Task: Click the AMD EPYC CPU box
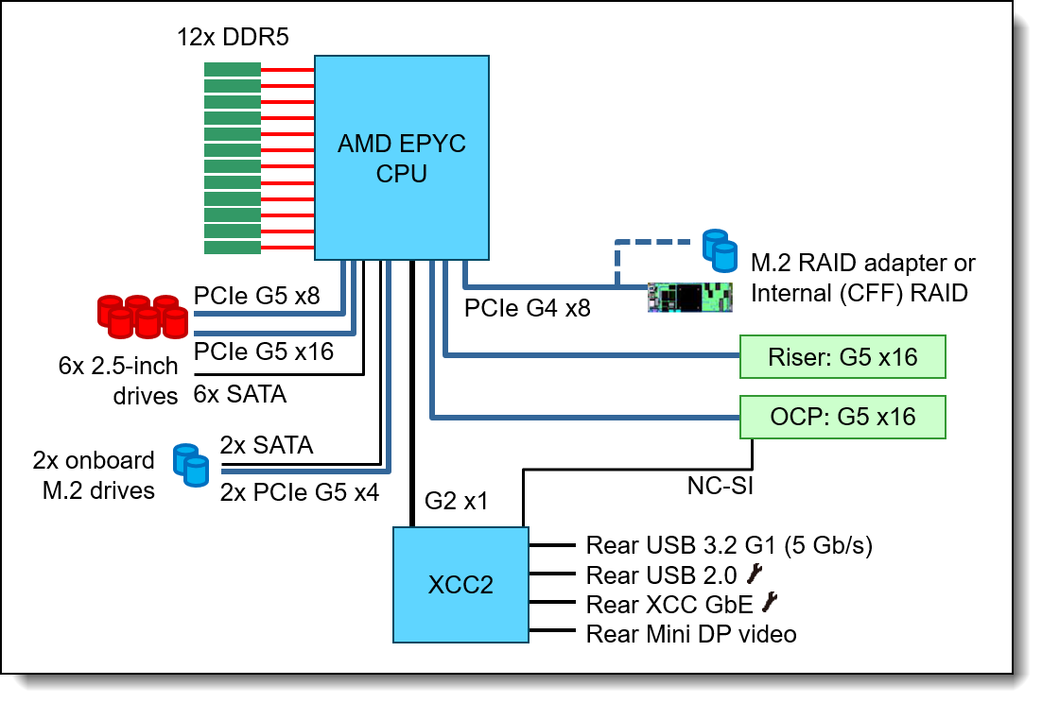point(401,158)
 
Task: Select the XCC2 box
point(460,585)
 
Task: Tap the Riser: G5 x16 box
point(842,357)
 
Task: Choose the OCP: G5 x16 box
point(842,417)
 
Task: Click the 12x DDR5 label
point(233,37)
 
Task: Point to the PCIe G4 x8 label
point(527,308)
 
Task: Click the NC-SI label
point(721,486)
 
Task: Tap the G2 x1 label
point(456,501)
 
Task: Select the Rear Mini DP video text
point(691,634)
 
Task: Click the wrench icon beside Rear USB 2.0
point(755,574)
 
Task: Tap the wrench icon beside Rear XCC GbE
point(770,602)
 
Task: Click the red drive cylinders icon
point(143,316)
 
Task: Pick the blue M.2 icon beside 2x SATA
point(191,465)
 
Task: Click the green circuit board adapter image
point(690,298)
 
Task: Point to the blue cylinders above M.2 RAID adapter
point(721,251)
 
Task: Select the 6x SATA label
point(240,394)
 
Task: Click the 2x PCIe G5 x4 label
point(300,492)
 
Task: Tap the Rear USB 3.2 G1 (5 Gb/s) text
point(729,545)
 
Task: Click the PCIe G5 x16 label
point(264,351)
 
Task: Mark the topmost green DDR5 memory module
point(232,70)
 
